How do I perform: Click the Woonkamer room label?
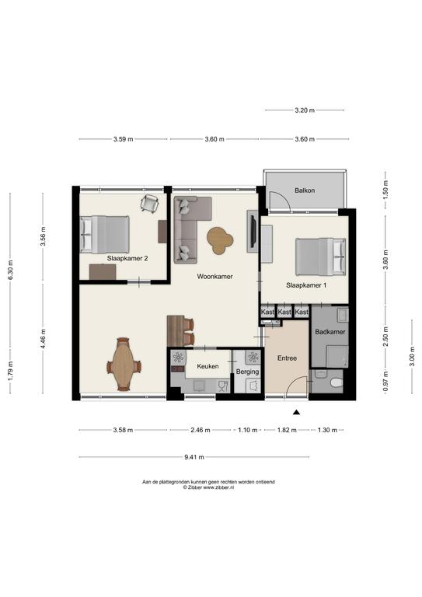(x=214, y=277)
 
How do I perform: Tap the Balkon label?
(x=305, y=190)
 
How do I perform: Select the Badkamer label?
(x=330, y=332)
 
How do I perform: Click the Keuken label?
(x=208, y=366)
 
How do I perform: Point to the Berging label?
(x=247, y=372)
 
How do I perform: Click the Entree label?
(x=287, y=358)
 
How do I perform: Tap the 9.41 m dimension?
(x=194, y=457)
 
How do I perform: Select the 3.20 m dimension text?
(x=305, y=110)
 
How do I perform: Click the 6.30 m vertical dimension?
(x=10, y=270)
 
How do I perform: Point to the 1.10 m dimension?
(x=248, y=430)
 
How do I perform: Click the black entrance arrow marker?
(x=296, y=412)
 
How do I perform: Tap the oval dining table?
(x=124, y=365)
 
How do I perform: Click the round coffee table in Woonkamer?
(x=220, y=241)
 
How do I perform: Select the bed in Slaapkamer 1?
(x=321, y=257)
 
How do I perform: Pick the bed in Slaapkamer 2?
(x=105, y=235)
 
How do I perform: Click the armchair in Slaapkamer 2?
(x=149, y=203)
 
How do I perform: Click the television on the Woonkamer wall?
(x=252, y=231)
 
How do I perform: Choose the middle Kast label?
(x=284, y=312)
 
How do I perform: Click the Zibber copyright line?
(x=208, y=487)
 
